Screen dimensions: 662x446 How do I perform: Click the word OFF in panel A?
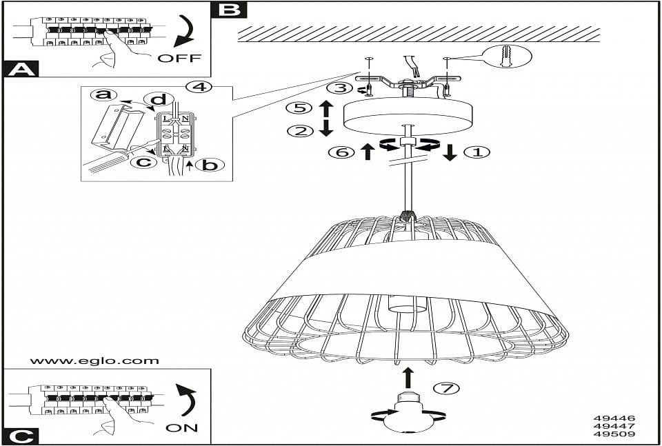(x=179, y=58)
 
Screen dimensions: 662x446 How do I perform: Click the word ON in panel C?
(x=182, y=428)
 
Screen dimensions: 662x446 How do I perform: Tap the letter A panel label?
(x=22, y=69)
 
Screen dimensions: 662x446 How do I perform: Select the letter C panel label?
(x=22, y=436)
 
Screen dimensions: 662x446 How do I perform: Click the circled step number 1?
(x=477, y=152)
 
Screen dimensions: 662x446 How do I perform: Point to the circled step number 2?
(x=300, y=131)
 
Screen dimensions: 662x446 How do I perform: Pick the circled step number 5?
(x=299, y=108)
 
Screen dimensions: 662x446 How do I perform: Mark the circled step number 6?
(x=341, y=152)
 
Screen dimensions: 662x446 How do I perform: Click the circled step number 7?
(x=447, y=388)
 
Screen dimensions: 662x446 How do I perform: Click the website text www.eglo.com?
(x=94, y=361)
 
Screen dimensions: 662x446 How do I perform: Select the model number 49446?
(x=614, y=418)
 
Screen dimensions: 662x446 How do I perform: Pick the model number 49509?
(x=614, y=434)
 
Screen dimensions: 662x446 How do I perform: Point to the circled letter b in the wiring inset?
(x=209, y=165)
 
